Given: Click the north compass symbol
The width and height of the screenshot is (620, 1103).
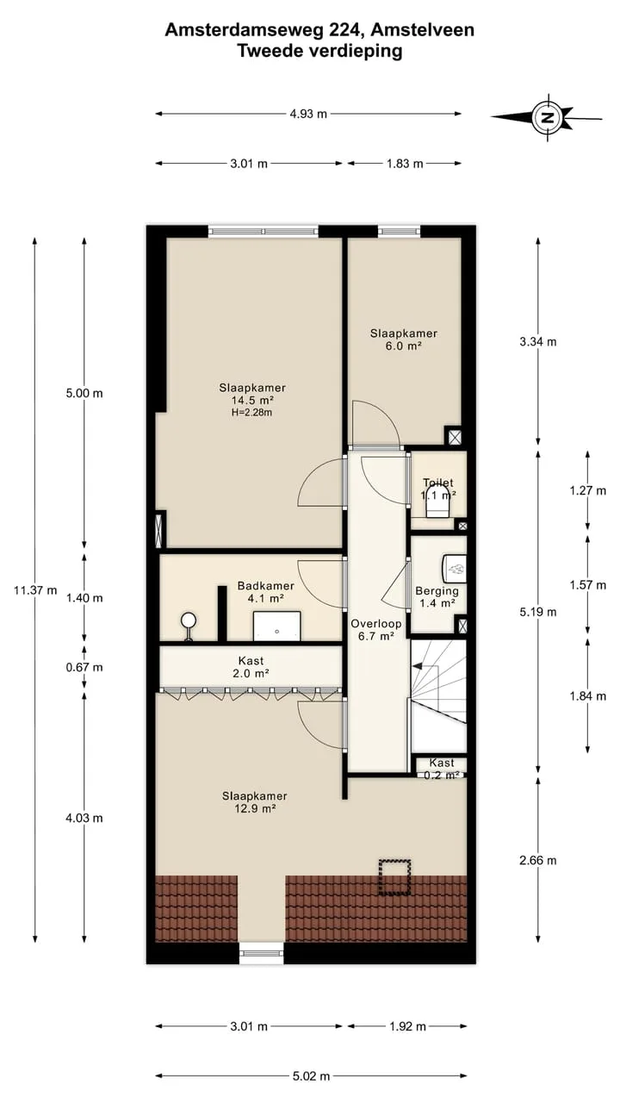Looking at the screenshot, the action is tap(547, 118).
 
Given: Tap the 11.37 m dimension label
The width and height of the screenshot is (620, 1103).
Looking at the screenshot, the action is tap(35, 590).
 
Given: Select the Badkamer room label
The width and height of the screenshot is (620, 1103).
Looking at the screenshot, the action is tap(266, 586).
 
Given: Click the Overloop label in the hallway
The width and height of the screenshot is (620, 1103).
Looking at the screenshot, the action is tap(376, 623).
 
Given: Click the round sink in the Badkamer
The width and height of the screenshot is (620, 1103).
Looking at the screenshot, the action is tap(189, 620).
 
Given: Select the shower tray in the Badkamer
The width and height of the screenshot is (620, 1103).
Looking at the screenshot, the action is tap(277, 626).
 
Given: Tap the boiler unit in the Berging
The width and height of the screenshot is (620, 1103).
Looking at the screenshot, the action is tap(455, 569).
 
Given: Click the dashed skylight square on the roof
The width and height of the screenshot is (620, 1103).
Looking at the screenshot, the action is tap(394, 877).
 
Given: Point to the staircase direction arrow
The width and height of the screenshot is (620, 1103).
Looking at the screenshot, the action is tap(418, 666).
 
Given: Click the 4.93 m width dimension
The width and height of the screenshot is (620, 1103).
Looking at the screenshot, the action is tap(308, 114).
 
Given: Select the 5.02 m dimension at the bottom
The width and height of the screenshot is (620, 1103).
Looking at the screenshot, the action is tap(311, 1076).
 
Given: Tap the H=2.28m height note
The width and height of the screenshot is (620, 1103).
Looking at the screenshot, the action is tap(252, 413).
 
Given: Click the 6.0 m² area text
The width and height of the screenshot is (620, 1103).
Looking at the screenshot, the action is tap(404, 346).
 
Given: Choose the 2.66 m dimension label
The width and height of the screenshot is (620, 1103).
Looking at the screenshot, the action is tap(538, 860).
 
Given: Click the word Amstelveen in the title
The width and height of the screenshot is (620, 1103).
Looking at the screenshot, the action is tap(422, 30).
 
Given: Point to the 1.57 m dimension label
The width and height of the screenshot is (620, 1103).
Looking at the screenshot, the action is tap(588, 585).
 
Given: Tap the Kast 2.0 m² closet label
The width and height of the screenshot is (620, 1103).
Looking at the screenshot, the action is tap(251, 667).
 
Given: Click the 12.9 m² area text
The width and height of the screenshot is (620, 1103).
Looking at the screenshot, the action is tap(255, 808).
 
